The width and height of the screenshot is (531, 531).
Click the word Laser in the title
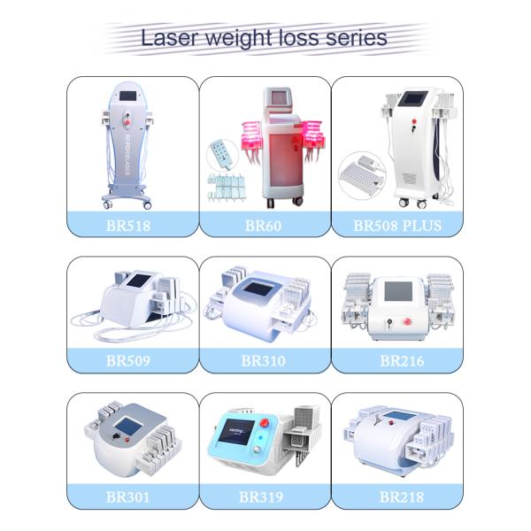pos(170,38)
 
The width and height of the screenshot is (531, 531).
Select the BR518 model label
pos(128,226)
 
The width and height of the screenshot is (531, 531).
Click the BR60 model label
pos(263,226)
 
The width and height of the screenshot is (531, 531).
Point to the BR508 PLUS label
pos(397,226)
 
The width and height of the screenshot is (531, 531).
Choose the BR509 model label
pos(128,361)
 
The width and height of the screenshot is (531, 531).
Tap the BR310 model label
pos(263,361)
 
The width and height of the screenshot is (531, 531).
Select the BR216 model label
pos(402,361)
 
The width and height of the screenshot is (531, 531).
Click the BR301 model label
pos(127,497)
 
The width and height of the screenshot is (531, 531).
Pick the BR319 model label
pos(261,497)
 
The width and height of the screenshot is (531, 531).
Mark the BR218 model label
pos(402,497)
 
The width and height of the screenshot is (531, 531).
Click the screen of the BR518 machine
pos(127,96)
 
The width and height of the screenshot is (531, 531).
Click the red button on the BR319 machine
pos(264,423)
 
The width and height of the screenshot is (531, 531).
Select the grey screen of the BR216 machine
pos(398,291)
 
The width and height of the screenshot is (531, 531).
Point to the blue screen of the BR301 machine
pos(127,427)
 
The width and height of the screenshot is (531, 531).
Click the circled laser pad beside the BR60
pos(222,155)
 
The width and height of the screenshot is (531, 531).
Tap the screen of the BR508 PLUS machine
pos(412,99)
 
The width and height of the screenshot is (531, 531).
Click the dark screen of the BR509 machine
pos(138,280)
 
